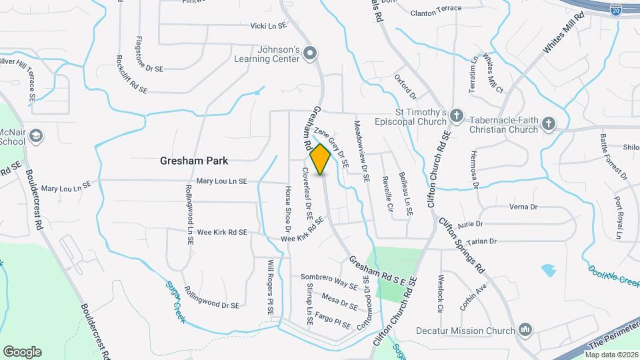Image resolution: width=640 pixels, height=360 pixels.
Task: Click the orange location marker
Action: tap(321, 159)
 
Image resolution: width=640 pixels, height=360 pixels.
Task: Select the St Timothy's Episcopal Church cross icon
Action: tap(457, 116)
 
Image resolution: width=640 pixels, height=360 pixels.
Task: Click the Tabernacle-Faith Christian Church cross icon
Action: tap(548, 124)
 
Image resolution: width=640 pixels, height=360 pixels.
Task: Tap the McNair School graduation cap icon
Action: tap(36, 137)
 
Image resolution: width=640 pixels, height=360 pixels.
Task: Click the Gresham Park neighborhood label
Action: tap(194, 161)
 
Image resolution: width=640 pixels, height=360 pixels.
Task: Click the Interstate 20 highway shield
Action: tap(615, 8)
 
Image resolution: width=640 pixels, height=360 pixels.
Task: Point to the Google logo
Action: tap(22, 352)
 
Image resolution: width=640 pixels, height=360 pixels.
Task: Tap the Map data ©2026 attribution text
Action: tap(612, 355)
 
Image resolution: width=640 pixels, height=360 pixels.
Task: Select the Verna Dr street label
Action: tap(523, 207)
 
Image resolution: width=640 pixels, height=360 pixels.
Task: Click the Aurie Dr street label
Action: tap(469, 224)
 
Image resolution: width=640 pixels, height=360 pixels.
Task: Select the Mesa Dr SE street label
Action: tap(339, 300)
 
